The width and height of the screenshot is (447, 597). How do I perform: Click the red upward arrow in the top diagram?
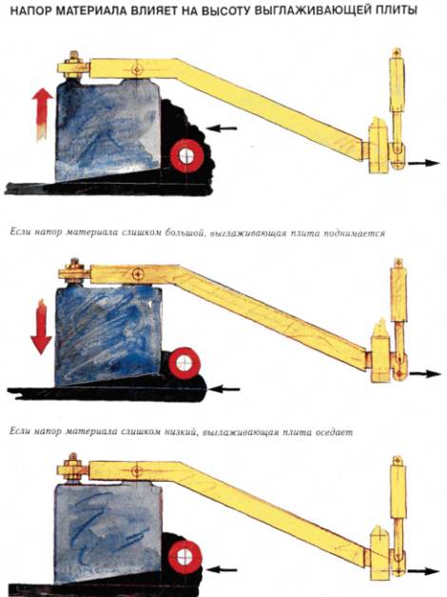pos(42,114)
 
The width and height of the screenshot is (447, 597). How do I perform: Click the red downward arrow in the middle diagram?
pos(42,327)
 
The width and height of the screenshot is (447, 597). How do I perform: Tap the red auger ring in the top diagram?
pos(186,156)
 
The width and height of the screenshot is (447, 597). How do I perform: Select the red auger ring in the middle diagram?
pos(185,363)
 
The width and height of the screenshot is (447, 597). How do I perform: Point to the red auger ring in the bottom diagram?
pos(185,557)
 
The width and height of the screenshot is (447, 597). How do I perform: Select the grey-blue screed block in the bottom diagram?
pos(108,533)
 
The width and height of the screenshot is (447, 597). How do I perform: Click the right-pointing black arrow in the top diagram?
pos(424,163)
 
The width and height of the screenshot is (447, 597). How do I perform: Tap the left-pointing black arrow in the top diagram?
pos(222,129)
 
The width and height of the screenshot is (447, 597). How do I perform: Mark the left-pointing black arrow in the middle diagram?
pos(224,388)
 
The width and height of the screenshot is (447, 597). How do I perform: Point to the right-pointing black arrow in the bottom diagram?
pos(423,571)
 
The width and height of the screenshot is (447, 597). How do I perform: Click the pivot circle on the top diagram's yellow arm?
pos(136,70)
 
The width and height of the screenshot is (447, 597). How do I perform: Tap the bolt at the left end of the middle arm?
pos(74,271)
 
